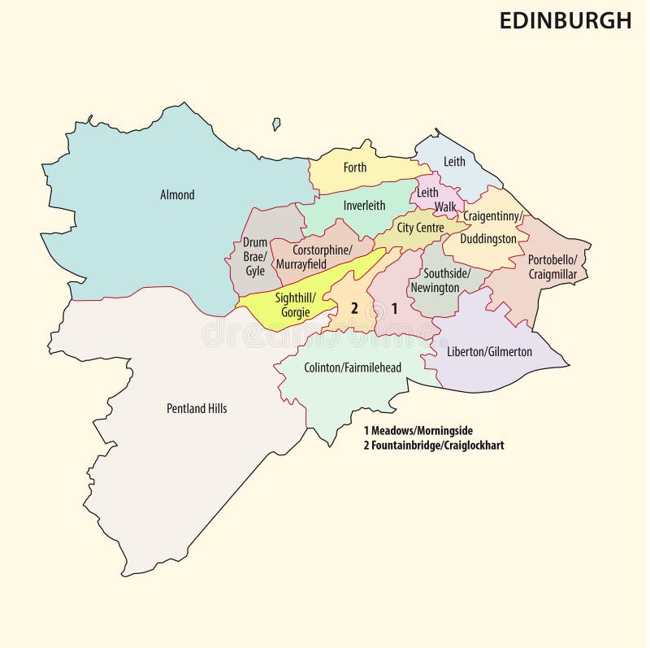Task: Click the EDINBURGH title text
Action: tap(565, 21)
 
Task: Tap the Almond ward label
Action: tap(177, 195)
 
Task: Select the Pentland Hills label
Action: tap(197, 409)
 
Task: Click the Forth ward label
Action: tap(355, 168)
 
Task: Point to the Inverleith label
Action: tap(364, 206)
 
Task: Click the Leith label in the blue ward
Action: tap(454, 162)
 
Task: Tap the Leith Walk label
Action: tap(435, 200)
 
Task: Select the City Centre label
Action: tap(420, 228)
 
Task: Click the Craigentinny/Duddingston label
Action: tap(491, 228)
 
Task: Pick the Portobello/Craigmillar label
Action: tap(552, 267)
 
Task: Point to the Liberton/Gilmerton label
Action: tap(489, 352)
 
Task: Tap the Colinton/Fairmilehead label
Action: tap(353, 368)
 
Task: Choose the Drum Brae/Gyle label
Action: tap(255, 257)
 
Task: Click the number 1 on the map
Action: tap(395, 308)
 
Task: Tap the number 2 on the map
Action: tap(353, 308)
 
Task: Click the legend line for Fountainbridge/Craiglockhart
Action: tap(434, 446)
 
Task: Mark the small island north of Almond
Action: tap(276, 124)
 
